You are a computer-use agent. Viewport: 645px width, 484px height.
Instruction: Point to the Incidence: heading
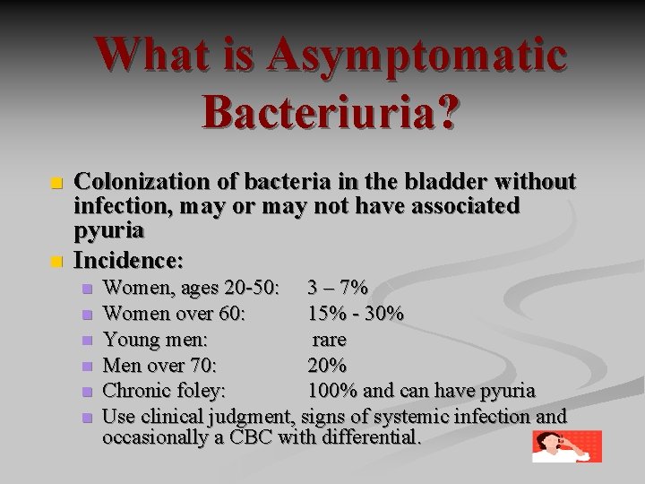click(x=129, y=262)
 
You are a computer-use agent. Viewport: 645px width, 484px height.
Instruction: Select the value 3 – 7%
click(x=337, y=289)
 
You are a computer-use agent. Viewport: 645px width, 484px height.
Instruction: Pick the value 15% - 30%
click(x=355, y=315)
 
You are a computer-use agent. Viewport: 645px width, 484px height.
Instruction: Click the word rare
click(x=330, y=340)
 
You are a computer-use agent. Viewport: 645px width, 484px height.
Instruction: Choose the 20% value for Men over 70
click(x=327, y=365)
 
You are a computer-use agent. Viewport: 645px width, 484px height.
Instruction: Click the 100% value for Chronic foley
click(x=331, y=391)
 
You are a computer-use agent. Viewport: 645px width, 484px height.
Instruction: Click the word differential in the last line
click(x=366, y=439)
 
